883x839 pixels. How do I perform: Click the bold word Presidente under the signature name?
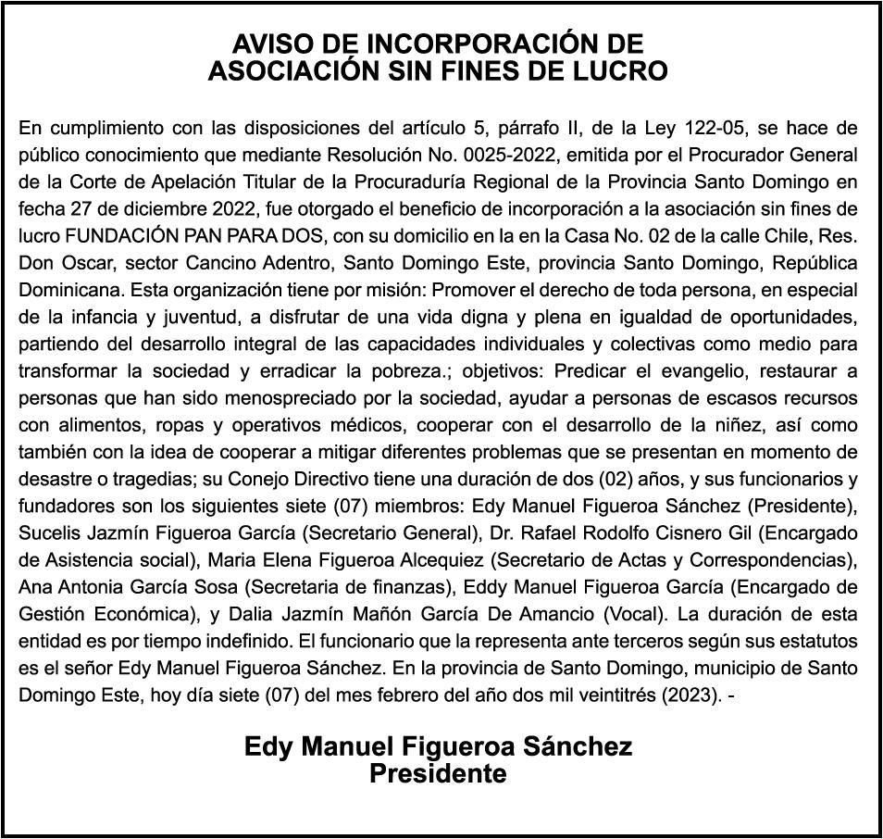pyautogui.click(x=438, y=773)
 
